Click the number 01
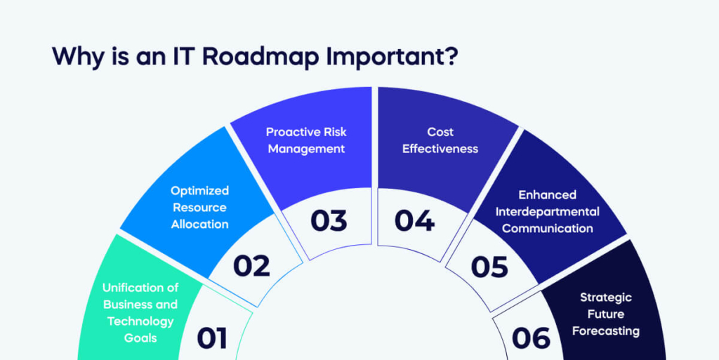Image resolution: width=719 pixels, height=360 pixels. tap(212, 339)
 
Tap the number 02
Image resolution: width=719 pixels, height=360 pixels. tap(251, 266)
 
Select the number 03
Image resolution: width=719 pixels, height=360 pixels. tap(329, 220)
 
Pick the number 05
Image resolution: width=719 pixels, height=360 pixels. tap(489, 267)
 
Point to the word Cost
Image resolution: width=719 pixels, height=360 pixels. tap(440, 132)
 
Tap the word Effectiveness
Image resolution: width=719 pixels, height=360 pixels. tap(440, 149)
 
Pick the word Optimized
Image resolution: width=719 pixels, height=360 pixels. tap(200, 191)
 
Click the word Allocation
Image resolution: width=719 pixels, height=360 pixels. tap(200, 225)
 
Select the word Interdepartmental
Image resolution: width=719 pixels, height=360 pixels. tap(547, 211)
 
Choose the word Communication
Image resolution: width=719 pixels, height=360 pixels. tap(547, 228)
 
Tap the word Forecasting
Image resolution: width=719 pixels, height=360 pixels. tap(605, 331)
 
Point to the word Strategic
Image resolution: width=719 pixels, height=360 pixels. tap(605, 298)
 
